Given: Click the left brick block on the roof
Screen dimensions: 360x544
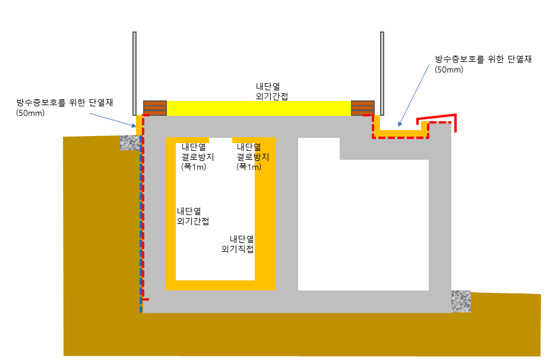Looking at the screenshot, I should point(154,109).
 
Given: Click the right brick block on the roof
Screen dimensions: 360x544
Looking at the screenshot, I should point(362,109).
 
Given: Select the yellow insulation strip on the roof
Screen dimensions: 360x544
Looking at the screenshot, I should point(258,109).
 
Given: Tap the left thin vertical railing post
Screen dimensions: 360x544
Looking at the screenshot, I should point(135,71).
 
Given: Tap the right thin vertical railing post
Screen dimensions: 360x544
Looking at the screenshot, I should point(382,71).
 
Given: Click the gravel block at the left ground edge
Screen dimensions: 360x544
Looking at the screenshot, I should point(129,143).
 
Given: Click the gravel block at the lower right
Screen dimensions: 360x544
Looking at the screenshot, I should point(461,301).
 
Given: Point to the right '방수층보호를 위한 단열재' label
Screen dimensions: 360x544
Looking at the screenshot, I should point(483,59).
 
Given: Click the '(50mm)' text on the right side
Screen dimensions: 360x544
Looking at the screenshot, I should point(449,70).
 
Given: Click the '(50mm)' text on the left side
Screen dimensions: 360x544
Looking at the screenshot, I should point(30,113).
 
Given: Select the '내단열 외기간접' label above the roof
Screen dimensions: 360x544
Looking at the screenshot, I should point(268,91).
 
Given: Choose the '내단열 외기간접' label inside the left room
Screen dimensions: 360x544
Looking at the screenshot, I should point(192,216).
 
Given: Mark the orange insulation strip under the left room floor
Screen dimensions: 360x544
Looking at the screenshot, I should point(220,286).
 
